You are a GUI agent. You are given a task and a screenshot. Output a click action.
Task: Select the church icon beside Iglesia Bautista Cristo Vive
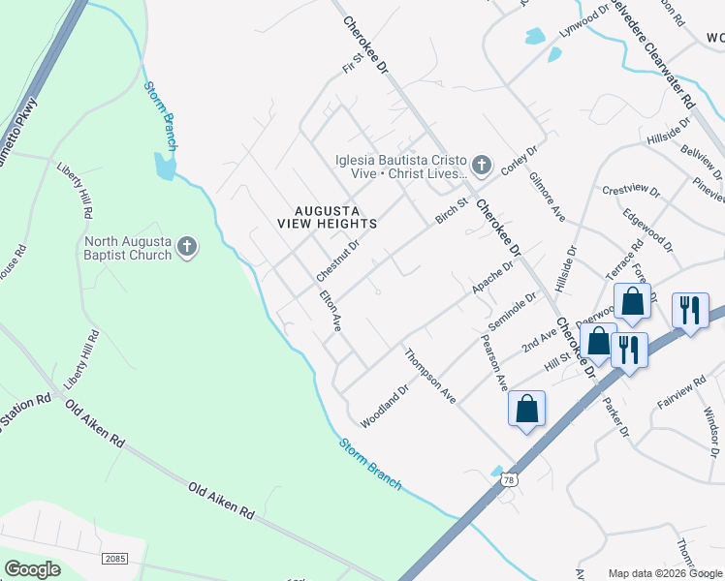483,161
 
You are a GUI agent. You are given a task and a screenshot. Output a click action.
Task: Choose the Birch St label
452,210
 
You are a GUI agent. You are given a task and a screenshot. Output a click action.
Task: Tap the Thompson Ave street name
430,375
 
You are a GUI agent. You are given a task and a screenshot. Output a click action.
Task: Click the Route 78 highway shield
510,478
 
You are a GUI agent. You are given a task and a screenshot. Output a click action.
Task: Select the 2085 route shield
115,560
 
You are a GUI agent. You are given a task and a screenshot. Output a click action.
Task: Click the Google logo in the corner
32,568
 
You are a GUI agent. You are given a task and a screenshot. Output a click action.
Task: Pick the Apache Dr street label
492,279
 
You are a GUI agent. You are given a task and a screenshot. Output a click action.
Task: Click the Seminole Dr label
509,317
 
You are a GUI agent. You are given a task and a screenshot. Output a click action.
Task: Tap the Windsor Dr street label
711,431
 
